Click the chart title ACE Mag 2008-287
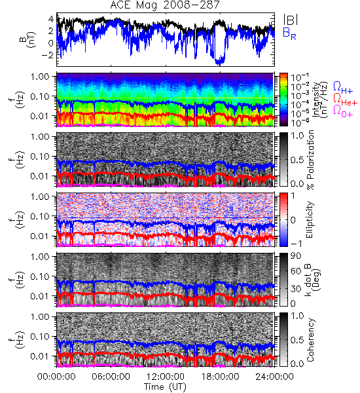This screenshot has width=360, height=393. coord(165,5)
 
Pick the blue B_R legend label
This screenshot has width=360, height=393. coord(289,34)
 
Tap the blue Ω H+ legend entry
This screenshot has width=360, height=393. coord(343,87)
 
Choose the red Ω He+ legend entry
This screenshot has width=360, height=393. coord(345,100)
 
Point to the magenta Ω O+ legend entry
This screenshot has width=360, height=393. coord(343,111)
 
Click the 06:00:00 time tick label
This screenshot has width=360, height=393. coord(111,377)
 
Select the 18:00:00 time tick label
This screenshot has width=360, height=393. coord(220,377)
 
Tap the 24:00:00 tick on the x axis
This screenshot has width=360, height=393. coord(274,377)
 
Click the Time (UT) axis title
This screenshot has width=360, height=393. coord(165,387)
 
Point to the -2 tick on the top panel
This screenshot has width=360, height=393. coord(48,55)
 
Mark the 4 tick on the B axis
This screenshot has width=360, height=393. coord(51,19)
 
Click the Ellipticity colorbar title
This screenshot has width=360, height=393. coord(310,219)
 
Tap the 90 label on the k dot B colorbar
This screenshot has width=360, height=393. coord(296,256)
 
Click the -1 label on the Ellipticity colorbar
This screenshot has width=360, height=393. coord(296,243)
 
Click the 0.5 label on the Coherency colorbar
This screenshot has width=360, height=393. coord(297,340)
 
